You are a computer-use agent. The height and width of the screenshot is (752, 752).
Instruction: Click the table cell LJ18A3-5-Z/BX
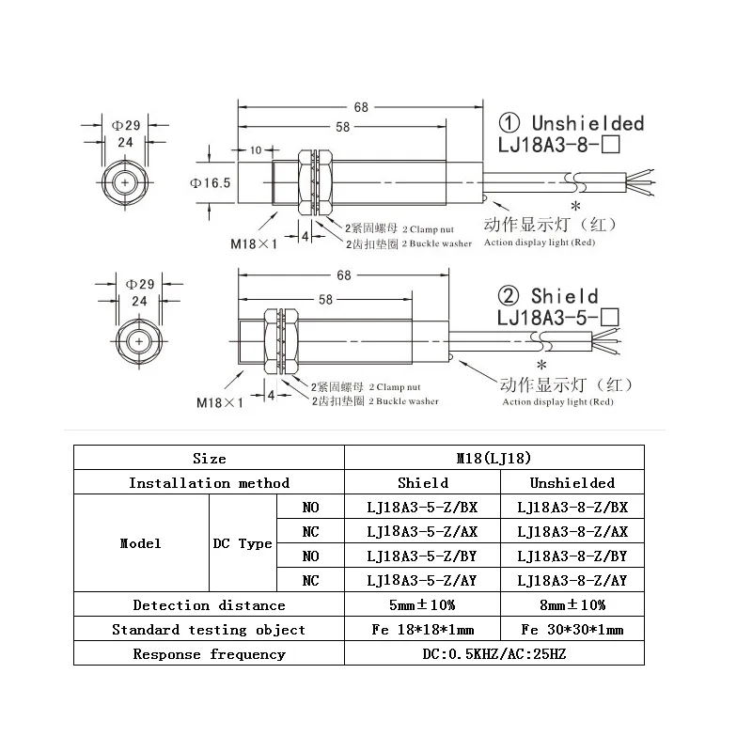coord(422,507)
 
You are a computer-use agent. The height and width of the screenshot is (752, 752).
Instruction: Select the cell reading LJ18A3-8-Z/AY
coord(572,580)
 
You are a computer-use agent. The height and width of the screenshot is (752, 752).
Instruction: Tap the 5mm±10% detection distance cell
coord(422,604)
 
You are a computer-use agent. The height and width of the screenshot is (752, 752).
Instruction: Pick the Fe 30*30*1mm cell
coord(572,629)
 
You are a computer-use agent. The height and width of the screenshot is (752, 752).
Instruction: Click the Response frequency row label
coord(209,653)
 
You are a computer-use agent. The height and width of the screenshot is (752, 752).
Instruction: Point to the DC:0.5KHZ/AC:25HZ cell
coord(494,653)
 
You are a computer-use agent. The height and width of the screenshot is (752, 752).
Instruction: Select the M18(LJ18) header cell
coord(494,458)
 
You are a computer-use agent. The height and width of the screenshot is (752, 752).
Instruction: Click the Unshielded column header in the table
coord(572,482)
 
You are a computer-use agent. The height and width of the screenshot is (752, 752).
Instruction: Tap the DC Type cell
coord(243,543)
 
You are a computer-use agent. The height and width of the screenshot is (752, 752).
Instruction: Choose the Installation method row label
coord(209,482)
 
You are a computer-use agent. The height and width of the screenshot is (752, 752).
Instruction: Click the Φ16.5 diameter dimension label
coord(210,182)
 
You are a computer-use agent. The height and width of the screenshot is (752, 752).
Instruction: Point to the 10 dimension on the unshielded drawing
coord(256,150)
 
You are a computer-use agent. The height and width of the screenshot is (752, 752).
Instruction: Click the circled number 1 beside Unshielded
coord(509,123)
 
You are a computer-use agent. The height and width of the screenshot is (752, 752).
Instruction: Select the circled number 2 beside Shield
coord(509,296)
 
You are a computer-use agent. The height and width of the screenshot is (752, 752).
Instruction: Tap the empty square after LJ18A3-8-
coord(610,144)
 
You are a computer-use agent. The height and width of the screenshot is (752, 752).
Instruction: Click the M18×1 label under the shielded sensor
coord(220,402)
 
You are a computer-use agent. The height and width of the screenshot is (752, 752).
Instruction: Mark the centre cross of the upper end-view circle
coord(125,182)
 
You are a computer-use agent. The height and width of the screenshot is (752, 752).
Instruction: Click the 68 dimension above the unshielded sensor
coord(361,107)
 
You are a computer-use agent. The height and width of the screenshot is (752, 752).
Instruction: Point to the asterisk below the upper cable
coord(575,206)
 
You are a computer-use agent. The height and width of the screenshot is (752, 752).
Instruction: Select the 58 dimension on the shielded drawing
coord(325,300)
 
